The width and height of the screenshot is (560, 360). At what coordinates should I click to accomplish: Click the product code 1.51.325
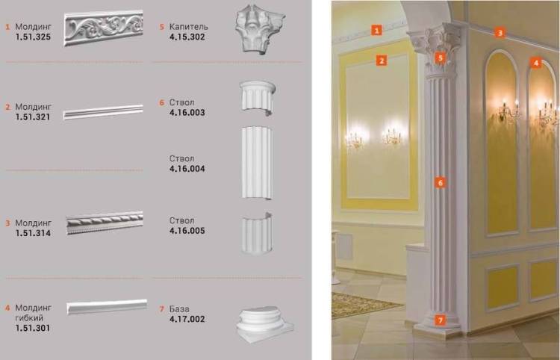coord(33,37)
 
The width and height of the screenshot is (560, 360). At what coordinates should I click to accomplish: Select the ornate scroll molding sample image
coord(104,28)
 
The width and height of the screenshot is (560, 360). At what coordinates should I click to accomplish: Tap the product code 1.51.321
coord(33,117)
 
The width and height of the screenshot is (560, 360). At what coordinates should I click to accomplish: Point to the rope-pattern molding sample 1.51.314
coord(105,223)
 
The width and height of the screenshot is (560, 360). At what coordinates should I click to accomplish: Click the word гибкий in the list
coord(29,318)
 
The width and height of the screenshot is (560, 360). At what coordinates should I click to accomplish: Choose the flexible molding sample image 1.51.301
coord(107,307)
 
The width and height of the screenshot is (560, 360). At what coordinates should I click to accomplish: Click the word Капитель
coord(189,27)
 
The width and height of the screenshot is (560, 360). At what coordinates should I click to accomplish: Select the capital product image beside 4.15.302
coord(259,28)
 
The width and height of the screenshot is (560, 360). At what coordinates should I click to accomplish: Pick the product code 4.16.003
coord(187,113)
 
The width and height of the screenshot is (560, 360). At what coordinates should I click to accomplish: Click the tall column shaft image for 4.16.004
coord(257,162)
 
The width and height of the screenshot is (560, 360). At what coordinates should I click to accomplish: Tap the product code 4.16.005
coord(187,231)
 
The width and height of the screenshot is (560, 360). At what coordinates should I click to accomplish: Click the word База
coord(179,309)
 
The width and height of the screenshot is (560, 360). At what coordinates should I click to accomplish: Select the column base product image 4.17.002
coord(264,325)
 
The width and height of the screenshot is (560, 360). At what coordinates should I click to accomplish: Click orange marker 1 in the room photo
coord(376,30)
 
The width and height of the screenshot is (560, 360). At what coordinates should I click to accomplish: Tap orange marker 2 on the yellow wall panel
coord(382,60)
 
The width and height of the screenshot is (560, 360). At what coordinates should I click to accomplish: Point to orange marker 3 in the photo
coord(500,33)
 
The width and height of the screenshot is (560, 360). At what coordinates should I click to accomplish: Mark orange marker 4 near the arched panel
coord(535,63)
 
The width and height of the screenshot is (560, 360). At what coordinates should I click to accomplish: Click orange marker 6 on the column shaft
coord(441,183)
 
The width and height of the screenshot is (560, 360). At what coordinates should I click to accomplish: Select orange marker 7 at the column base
coord(441,320)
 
